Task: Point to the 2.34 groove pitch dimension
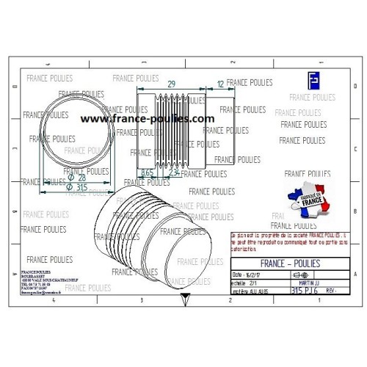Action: pos(175,171)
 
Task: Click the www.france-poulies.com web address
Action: pos(147,117)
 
